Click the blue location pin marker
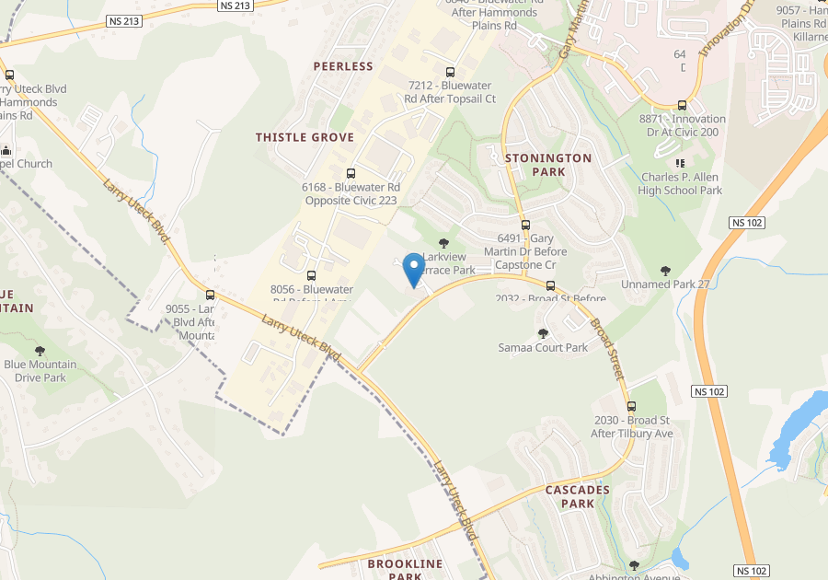[x=414, y=269]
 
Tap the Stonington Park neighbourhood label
[x=548, y=165]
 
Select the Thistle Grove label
[x=305, y=137]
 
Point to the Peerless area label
[x=343, y=66]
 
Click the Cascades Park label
[x=577, y=496]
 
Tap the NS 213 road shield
[x=236, y=6]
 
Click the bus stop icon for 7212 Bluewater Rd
[x=450, y=72]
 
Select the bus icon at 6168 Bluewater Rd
[x=351, y=173]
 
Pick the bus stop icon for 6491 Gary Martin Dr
[x=525, y=225]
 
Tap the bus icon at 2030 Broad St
[x=631, y=406]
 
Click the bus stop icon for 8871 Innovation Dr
[x=682, y=105]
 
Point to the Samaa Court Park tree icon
[x=543, y=333]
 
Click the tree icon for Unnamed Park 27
[x=665, y=271]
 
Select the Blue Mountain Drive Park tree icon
[x=40, y=351]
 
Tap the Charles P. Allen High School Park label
[x=681, y=183]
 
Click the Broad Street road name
[x=607, y=350]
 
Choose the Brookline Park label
[x=405, y=569]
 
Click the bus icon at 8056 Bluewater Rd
[x=311, y=275]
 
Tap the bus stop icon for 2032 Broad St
[x=551, y=285]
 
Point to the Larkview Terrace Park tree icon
[x=443, y=243]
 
